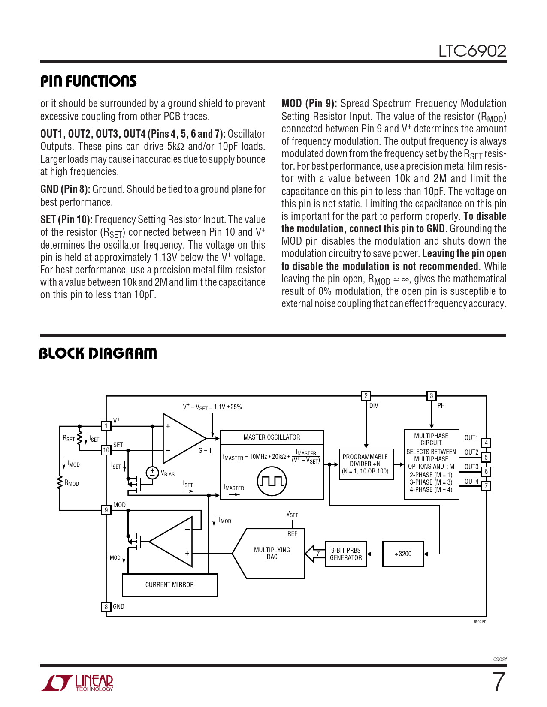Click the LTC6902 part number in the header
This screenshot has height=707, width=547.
[472, 51]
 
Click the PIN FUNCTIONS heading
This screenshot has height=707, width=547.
[88, 81]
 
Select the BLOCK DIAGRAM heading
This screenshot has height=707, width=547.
[98, 353]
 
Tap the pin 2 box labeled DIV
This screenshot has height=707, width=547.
[366, 396]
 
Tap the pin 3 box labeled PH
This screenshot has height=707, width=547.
[431, 396]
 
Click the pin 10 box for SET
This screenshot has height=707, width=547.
[106, 450]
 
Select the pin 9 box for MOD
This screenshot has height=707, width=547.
[106, 510]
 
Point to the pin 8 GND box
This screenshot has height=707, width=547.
[106, 607]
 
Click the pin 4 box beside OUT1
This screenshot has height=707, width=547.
[486, 443]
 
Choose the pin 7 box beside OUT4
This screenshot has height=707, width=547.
[486, 486]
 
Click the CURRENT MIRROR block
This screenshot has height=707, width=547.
[169, 585]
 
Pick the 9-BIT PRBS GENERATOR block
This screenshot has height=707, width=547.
[346, 554]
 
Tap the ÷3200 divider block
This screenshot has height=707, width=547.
[403, 554]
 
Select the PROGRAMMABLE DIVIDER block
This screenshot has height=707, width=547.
[366, 464]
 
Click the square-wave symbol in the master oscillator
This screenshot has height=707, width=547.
[272, 481]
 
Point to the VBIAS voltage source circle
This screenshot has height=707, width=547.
[152, 473]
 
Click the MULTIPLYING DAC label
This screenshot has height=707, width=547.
[272, 553]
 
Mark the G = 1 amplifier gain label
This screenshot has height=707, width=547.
[205, 451]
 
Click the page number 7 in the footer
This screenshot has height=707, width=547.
[499, 682]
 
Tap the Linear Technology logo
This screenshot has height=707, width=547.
[77, 683]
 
